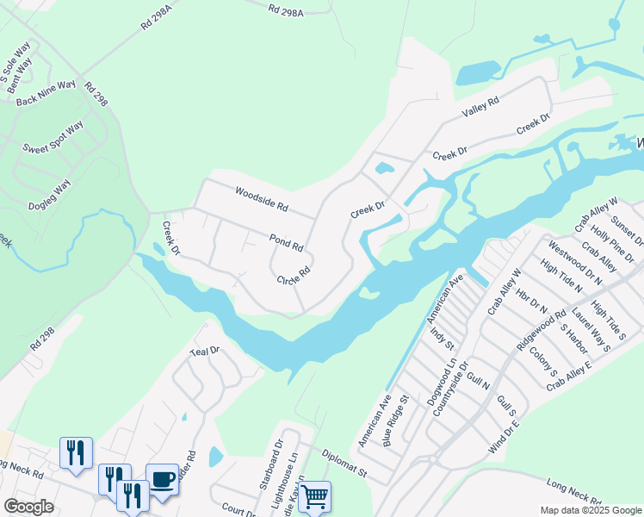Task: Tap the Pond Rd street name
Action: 286,242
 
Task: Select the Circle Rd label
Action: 293,281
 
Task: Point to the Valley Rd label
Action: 480,109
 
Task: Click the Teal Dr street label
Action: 206,352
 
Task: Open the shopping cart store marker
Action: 314,495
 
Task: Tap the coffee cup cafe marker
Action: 162,478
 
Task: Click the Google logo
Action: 28,507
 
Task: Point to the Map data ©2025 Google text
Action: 590,510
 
